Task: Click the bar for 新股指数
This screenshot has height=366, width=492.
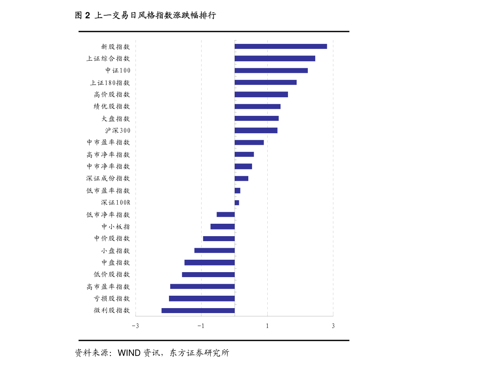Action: pyautogui.click(x=281, y=46)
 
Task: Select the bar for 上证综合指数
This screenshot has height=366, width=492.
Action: pyautogui.click(x=275, y=58)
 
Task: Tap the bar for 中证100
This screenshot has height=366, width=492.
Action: pyautogui.click(x=271, y=70)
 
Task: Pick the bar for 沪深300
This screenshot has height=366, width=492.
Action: pyautogui.click(x=256, y=130)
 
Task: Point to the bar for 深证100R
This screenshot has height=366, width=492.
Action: pyautogui.click(x=237, y=203)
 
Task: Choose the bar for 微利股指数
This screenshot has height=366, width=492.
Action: pyautogui.click(x=198, y=311)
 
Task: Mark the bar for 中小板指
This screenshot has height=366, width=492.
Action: pyautogui.click(x=223, y=227)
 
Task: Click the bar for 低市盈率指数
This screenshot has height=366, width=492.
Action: pyautogui.click(x=238, y=191)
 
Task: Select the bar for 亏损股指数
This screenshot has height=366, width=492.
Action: pyautogui.click(x=202, y=299)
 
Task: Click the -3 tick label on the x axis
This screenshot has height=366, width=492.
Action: pyautogui.click(x=135, y=326)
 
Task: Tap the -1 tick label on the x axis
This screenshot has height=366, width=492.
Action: pyautogui.click(x=201, y=326)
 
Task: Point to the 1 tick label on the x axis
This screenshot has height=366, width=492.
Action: pyautogui.click(x=267, y=326)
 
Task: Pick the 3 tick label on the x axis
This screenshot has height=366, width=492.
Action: pyautogui.click(x=333, y=326)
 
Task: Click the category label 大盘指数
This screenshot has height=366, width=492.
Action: pyautogui.click(x=116, y=118)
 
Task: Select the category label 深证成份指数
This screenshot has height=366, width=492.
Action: pyautogui.click(x=108, y=178)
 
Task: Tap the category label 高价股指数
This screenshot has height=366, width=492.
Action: pyautogui.click(x=112, y=95)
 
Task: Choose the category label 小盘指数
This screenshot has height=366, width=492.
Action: pyautogui.click(x=116, y=251)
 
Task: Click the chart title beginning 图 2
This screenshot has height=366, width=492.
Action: pyautogui.click(x=145, y=15)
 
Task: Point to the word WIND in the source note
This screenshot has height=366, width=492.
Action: pyautogui.click(x=129, y=353)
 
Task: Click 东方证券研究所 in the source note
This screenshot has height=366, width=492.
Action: pyautogui.click(x=200, y=353)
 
